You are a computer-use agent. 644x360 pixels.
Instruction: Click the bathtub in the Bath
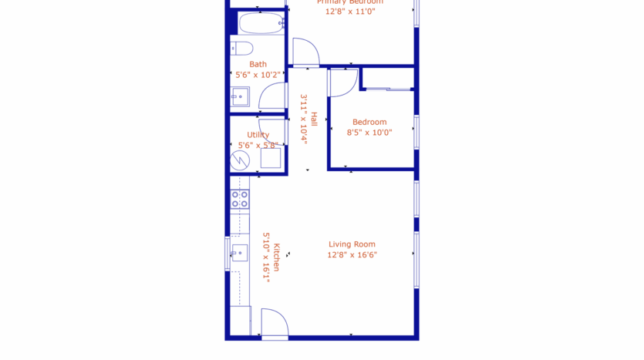(x=261, y=24)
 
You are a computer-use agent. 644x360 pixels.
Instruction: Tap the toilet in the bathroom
(x=242, y=49)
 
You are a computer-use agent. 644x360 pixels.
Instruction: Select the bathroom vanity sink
(x=239, y=97)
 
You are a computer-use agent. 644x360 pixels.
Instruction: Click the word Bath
(x=258, y=64)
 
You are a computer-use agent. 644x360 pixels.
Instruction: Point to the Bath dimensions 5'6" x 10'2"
(x=258, y=75)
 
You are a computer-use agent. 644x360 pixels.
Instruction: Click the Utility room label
(x=258, y=135)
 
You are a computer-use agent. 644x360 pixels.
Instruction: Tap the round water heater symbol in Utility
(x=240, y=160)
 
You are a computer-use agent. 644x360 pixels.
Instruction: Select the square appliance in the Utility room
(x=270, y=158)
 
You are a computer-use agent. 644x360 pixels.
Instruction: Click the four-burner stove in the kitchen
(x=240, y=200)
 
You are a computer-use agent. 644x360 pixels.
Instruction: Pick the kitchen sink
(x=239, y=253)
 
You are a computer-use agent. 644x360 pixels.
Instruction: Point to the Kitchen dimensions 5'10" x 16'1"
(x=266, y=257)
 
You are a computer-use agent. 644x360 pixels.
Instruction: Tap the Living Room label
(x=352, y=244)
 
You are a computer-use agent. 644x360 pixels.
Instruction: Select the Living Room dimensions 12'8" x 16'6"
(x=352, y=255)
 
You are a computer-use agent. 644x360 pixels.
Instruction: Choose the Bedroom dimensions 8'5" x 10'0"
(x=370, y=133)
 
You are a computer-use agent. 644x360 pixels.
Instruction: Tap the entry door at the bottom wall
(x=275, y=324)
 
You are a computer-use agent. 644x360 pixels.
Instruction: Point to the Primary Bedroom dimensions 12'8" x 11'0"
(x=350, y=12)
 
